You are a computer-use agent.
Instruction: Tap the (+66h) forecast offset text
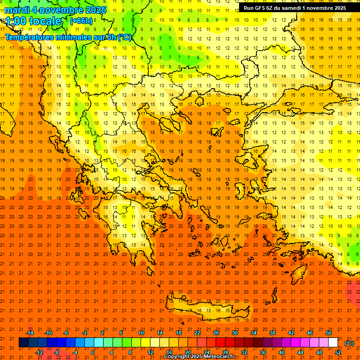[x=81, y=21]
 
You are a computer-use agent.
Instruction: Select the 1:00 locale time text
[x=34, y=21]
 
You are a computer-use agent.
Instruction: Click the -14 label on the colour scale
[x=30, y=332]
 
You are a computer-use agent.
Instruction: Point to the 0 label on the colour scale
[x=92, y=352]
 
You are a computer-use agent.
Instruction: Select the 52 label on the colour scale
[x=338, y=352]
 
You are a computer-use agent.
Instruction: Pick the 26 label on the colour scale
[x=216, y=332]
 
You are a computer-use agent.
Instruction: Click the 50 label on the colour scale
[x=329, y=332]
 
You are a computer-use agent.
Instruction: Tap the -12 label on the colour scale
[x=39, y=352]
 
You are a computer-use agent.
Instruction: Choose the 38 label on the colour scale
[x=272, y=332]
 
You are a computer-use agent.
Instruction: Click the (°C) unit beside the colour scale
[x=349, y=343]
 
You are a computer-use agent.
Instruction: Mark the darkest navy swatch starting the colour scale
[x=23, y=343]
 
